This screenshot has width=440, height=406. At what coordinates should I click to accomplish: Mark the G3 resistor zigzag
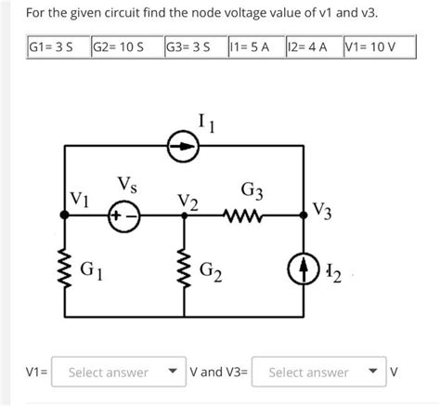coord(248,215)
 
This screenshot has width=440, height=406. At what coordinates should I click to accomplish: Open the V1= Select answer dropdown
coord(115,373)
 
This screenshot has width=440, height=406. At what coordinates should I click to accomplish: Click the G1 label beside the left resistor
coord(92,272)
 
